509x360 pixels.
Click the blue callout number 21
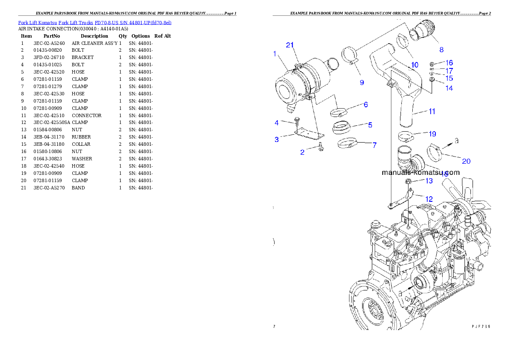pyautogui.click(x=290, y=45)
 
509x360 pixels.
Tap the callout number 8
pyautogui.click(x=441, y=50)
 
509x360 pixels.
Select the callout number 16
pyautogui.click(x=449, y=63)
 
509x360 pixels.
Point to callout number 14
pyautogui.click(x=449, y=88)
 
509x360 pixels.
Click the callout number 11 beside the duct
pyautogui.click(x=432, y=112)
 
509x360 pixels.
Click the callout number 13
pyautogui.click(x=429, y=181)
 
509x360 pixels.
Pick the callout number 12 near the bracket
pyautogui.click(x=429, y=199)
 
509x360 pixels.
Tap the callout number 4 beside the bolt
pyautogui.click(x=277, y=123)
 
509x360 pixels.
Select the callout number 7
pyautogui.click(x=374, y=145)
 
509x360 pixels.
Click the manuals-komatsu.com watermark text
pyautogui.click(x=420, y=173)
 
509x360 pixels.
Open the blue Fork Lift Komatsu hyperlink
pyautogui.click(x=95, y=22)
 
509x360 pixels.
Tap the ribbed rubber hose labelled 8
pyautogui.click(x=422, y=34)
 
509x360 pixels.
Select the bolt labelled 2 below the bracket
pyautogui.click(x=320, y=148)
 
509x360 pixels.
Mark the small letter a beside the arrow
pyautogui.click(x=457, y=141)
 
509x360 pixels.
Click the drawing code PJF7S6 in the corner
pyautogui.click(x=481, y=326)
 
